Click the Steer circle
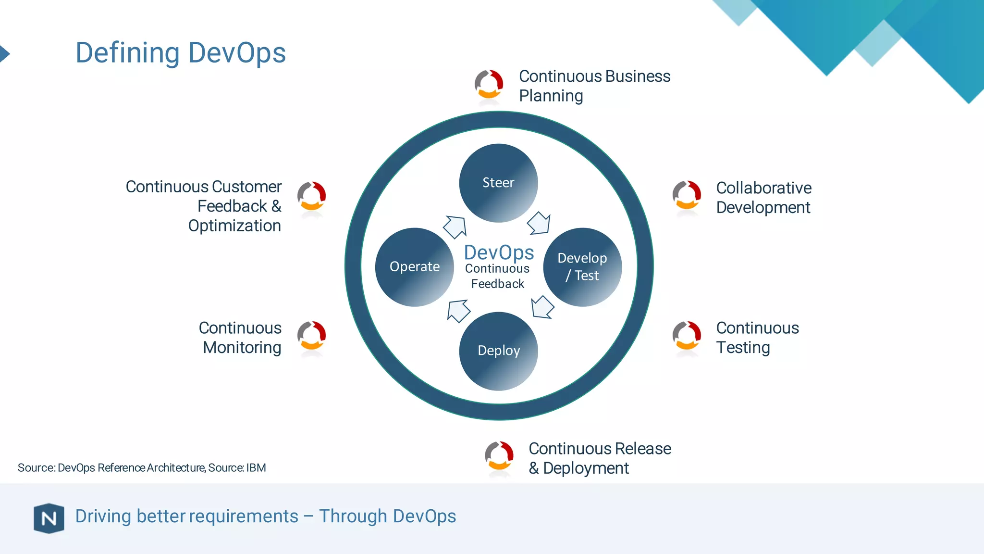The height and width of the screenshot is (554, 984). (x=498, y=183)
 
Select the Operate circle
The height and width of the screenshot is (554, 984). (x=414, y=267)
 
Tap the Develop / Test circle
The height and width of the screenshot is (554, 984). (x=582, y=267)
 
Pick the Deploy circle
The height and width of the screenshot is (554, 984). (x=498, y=351)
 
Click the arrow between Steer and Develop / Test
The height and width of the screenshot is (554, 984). (x=539, y=223)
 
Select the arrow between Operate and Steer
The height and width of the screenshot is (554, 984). (x=455, y=227)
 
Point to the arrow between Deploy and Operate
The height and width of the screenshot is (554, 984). (x=458, y=311)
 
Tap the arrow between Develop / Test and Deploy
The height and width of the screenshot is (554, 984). (x=542, y=307)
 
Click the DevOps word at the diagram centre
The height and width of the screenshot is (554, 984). (x=499, y=252)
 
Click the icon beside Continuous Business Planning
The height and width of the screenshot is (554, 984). (x=489, y=84)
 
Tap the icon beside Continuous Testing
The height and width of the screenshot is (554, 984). (x=687, y=336)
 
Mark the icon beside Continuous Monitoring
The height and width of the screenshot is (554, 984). (x=312, y=336)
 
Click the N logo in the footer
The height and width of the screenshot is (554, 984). (x=49, y=518)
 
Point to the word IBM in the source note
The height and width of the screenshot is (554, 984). (x=256, y=468)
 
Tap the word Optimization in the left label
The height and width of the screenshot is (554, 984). (x=234, y=226)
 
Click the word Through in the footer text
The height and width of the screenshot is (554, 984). (x=353, y=516)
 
